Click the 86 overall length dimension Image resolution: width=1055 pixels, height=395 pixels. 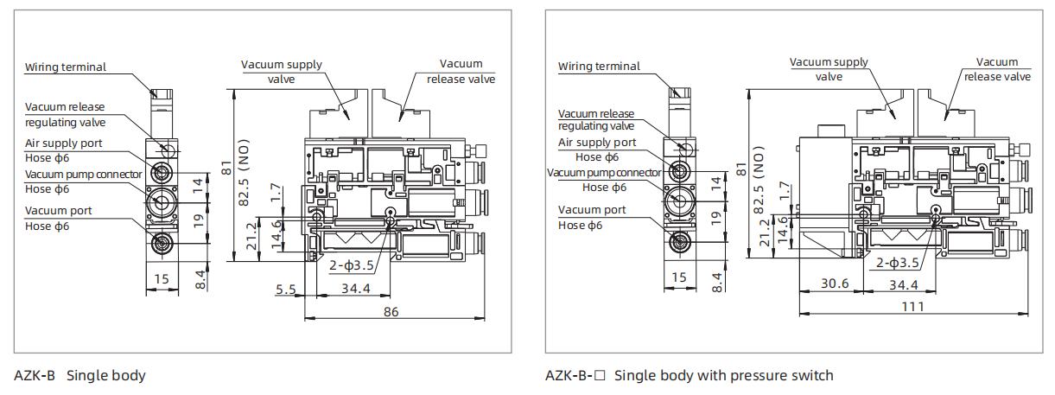click(x=391, y=311)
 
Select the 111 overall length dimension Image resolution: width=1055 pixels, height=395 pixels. click(x=912, y=306)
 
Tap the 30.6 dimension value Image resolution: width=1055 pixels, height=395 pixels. click(x=835, y=284)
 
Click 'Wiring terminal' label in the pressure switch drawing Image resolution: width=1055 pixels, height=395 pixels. click(x=599, y=66)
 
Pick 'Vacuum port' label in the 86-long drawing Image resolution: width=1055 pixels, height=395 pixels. click(x=58, y=210)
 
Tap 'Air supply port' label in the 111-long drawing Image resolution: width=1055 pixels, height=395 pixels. click(x=597, y=143)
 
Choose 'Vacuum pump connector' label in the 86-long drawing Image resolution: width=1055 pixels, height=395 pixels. click(x=83, y=174)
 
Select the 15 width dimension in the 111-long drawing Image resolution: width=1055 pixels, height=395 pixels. click(x=679, y=277)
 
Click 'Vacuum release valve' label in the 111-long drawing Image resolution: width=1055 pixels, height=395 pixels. click(x=997, y=69)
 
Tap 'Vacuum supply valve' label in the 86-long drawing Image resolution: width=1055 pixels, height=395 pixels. click(x=281, y=71)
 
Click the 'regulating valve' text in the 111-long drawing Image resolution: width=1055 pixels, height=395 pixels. click(x=596, y=126)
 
